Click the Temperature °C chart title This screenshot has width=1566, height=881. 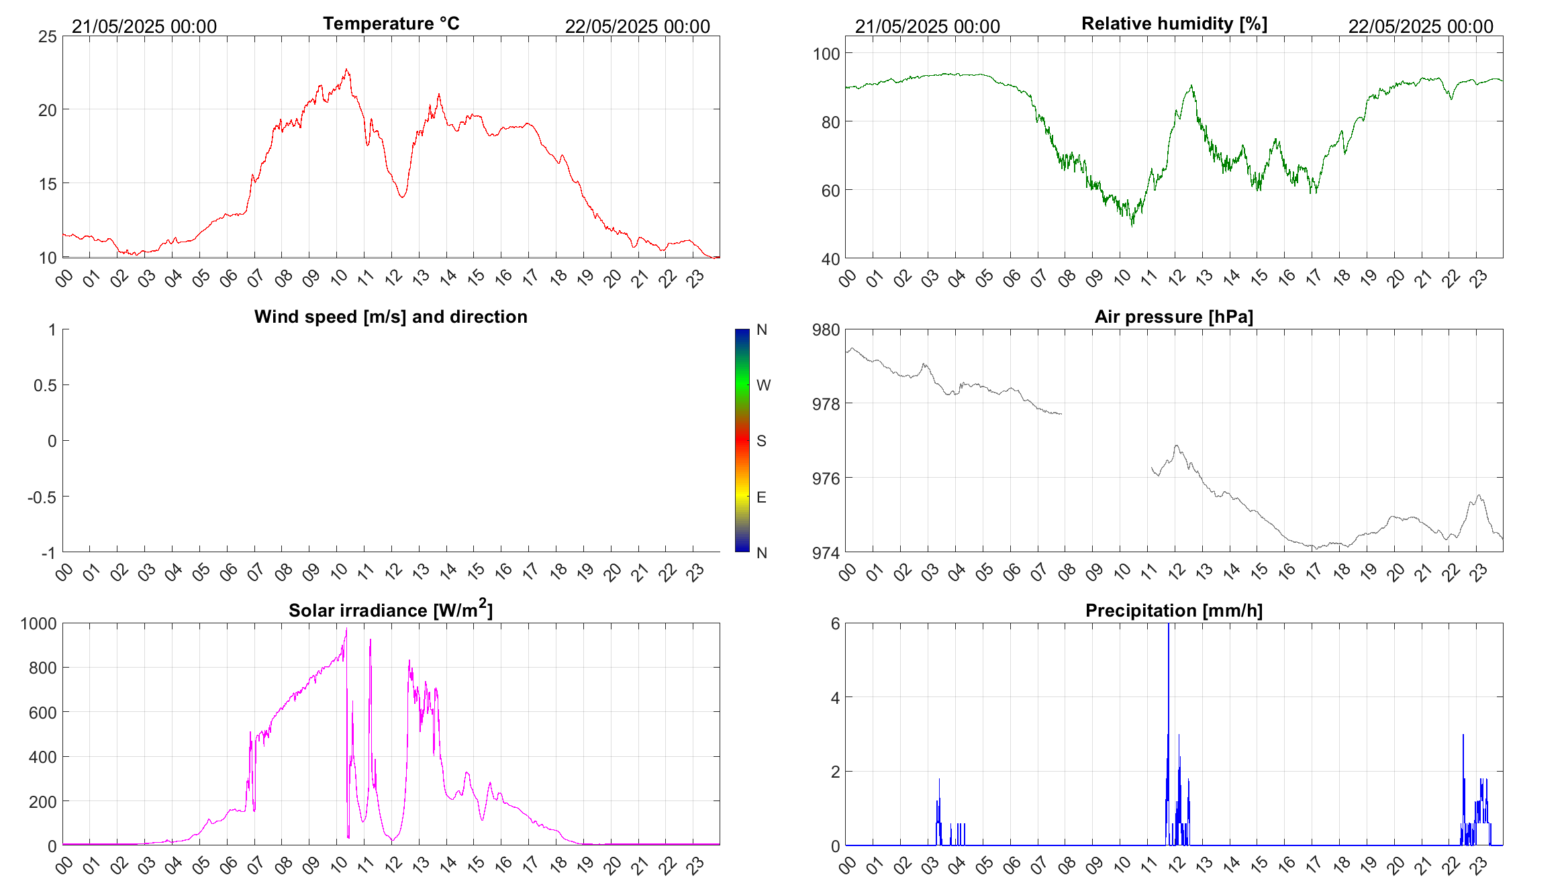point(391,23)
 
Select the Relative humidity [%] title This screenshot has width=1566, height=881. point(1174,23)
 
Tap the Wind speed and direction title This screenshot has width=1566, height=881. point(391,317)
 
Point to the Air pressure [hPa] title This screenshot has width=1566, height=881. point(1174,317)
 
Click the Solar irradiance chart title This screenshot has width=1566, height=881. point(391,611)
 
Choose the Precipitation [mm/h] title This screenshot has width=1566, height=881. point(1174,611)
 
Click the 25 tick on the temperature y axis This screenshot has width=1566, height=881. point(48,37)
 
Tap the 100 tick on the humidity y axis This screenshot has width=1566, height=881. point(826,54)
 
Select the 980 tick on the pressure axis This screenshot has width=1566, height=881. point(826,330)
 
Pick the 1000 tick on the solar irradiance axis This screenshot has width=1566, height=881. point(39,624)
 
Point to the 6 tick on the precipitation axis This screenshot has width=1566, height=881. point(835,624)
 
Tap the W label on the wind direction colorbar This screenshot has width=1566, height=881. point(763,385)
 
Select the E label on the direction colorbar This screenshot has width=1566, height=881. point(761,497)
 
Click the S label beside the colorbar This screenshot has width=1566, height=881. point(761,441)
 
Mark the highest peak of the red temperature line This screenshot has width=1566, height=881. point(346,69)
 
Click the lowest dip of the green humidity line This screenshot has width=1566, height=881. point(1132,225)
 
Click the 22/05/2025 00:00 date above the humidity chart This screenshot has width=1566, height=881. point(1420,26)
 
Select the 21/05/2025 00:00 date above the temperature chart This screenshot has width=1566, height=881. point(144,26)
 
